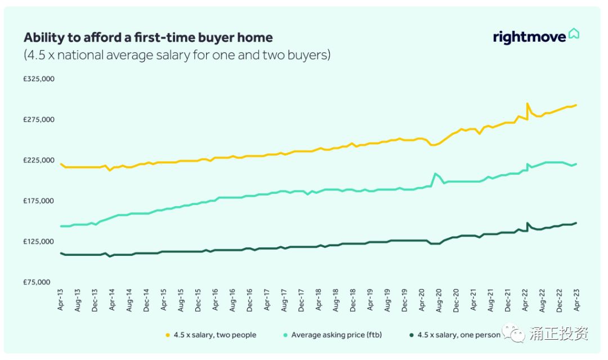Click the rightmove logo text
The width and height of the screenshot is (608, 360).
pyautogui.click(x=529, y=37)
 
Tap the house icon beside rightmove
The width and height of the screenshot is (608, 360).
pyautogui.click(x=574, y=34)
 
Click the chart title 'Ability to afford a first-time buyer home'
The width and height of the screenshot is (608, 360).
pyautogui.click(x=148, y=38)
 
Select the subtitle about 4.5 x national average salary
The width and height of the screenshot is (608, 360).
pyautogui.click(x=177, y=55)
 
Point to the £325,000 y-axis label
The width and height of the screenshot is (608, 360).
pyautogui.click(x=39, y=79)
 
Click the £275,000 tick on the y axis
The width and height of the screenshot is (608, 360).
pyautogui.click(x=39, y=119)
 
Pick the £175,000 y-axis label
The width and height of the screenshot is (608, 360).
pyautogui.click(x=39, y=201)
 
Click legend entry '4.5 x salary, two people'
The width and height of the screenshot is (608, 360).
pyautogui.click(x=214, y=335)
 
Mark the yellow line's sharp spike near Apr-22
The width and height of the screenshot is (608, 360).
pyautogui.click(x=527, y=104)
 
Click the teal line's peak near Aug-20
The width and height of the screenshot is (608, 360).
pyautogui.click(x=435, y=174)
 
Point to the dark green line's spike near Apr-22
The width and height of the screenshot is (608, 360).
pyautogui.click(x=527, y=223)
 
